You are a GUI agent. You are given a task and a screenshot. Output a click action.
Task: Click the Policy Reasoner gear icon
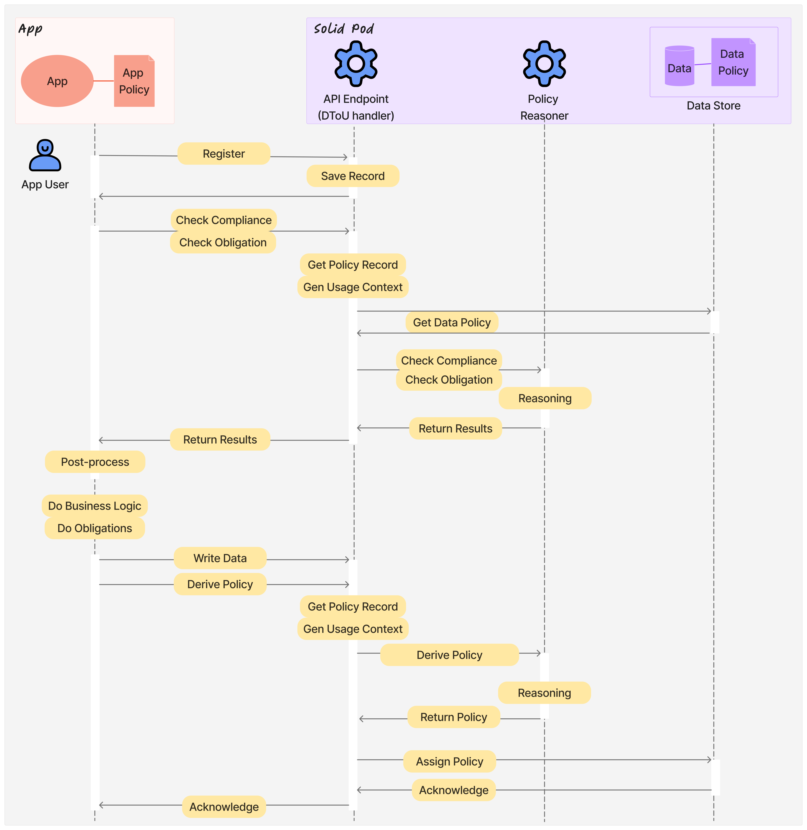544,64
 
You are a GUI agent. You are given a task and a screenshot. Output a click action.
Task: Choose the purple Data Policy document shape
733,62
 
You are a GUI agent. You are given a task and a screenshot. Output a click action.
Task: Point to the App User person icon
45,155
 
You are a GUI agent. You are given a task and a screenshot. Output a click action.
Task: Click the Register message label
224,154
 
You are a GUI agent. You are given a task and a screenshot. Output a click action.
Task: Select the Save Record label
353,176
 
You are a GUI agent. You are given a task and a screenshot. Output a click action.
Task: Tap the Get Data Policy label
452,322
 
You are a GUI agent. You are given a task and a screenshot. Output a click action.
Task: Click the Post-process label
95,462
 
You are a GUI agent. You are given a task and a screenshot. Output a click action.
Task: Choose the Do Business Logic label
94,506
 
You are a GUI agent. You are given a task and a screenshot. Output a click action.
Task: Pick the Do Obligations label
94,528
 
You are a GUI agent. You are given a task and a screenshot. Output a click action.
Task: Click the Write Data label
220,558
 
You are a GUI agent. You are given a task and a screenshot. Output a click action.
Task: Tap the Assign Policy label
450,761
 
